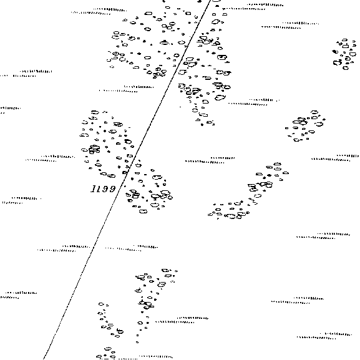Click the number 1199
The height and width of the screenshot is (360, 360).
[103, 188]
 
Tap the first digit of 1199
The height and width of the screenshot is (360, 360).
[94, 188]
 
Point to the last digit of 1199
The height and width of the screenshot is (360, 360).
[112, 188]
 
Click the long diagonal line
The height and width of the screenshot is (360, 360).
[127, 179]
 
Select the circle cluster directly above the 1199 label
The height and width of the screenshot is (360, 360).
[107, 144]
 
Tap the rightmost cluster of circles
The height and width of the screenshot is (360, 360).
[344, 54]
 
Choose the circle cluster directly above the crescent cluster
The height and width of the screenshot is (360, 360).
[305, 126]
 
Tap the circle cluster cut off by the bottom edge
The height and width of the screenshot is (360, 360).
[106, 354]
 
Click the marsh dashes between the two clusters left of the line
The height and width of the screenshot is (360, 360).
[126, 89]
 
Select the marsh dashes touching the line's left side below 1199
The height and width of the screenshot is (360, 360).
[66, 248]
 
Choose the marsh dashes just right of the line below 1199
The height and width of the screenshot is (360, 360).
[132, 248]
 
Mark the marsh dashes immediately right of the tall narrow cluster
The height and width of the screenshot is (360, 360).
[182, 320]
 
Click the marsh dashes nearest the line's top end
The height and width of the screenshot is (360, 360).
[253, 7]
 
